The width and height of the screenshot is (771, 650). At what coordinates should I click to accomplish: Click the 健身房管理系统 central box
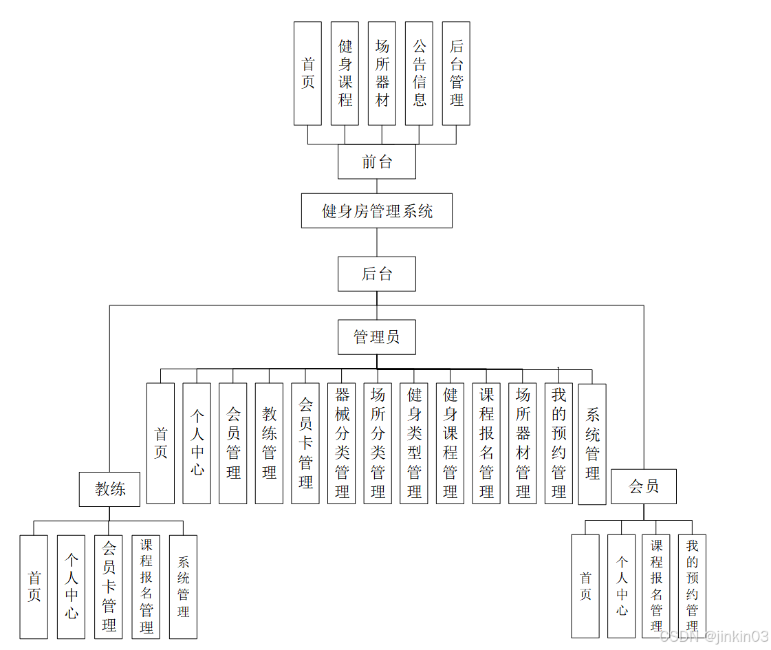[x=376, y=210]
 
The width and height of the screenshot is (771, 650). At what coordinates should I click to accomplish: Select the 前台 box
[x=376, y=162]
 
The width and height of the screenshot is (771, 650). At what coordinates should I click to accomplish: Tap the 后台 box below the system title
[x=376, y=274]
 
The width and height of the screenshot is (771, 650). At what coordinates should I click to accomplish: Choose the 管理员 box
[x=376, y=337]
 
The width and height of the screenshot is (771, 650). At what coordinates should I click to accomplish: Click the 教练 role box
[x=109, y=489]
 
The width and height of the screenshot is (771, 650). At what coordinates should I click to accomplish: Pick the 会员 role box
[x=644, y=486]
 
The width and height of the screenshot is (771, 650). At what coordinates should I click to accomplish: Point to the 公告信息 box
[x=419, y=74]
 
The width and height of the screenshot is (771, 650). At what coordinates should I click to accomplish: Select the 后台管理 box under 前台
[x=456, y=74]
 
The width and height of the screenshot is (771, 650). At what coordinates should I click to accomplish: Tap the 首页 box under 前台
[x=307, y=74]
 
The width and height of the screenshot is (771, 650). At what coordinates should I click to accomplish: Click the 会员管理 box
[x=232, y=444]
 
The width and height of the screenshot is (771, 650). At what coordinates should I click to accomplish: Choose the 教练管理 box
[x=269, y=444]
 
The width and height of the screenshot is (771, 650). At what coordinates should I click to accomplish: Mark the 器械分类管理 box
[x=342, y=444]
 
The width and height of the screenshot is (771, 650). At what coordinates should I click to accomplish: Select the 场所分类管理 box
[x=378, y=444]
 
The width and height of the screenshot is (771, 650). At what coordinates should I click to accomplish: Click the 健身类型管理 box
[x=414, y=444]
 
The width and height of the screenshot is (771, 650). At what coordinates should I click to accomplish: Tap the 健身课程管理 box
[x=450, y=444]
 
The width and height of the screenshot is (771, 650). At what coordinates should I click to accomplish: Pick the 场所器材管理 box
[x=523, y=444]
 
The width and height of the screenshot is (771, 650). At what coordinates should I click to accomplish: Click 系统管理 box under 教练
[x=183, y=587]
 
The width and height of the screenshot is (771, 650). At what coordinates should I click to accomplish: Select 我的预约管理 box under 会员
[x=692, y=586]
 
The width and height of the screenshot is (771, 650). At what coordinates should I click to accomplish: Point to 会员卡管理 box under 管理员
[x=305, y=444]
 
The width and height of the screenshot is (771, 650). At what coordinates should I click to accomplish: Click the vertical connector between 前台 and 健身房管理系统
[x=377, y=186]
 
